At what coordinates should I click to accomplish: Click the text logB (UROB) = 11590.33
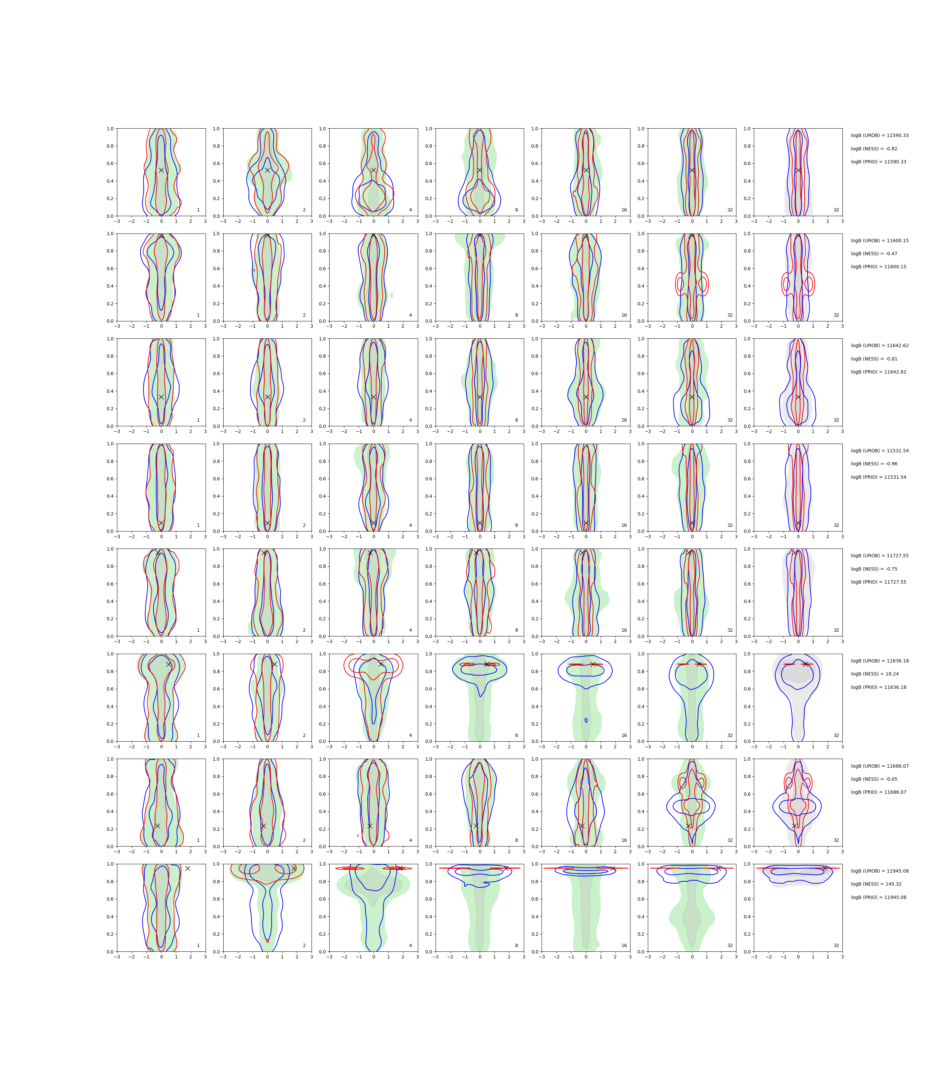880,136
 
